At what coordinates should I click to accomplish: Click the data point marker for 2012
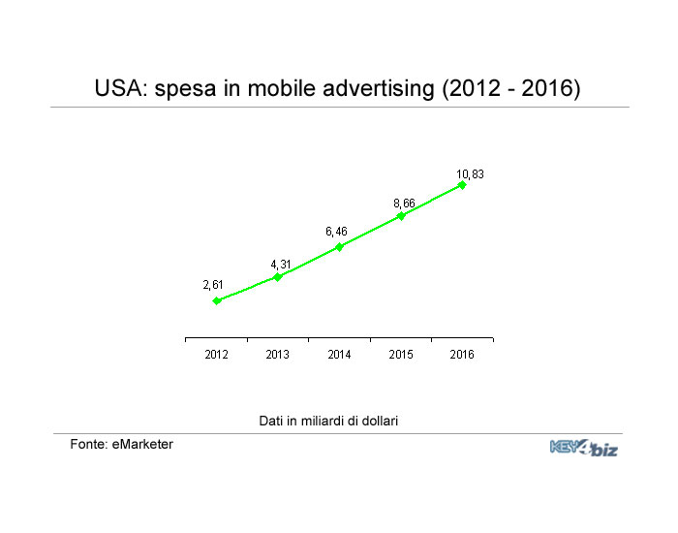(x=217, y=300)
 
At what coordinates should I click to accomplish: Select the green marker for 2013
(x=278, y=277)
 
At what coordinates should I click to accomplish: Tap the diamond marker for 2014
(x=339, y=247)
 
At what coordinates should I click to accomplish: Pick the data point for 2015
(x=401, y=216)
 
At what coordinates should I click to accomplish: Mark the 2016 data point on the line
(x=462, y=185)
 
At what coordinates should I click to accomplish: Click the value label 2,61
(x=214, y=285)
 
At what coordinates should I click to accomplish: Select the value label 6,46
(x=336, y=232)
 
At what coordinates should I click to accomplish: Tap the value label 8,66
(x=404, y=203)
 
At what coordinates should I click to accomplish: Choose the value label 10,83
(x=470, y=174)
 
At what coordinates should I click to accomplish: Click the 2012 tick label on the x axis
(x=216, y=355)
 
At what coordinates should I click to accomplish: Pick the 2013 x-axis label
(x=278, y=355)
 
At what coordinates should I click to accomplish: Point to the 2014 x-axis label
(x=339, y=355)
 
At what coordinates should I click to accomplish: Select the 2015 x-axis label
(x=401, y=355)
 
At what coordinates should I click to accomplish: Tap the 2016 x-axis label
(x=462, y=355)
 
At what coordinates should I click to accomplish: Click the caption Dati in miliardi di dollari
(x=329, y=421)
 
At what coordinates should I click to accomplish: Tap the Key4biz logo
(x=583, y=448)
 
